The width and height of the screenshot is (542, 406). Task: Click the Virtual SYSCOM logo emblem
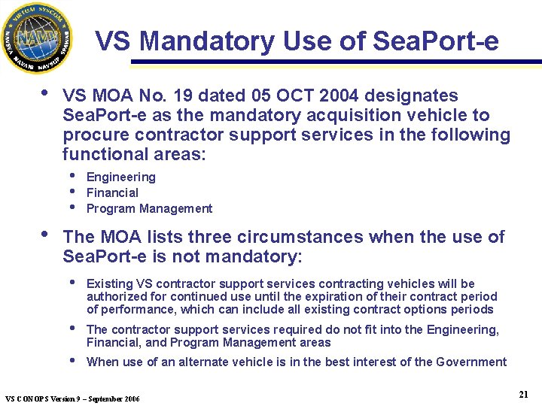click(x=37, y=38)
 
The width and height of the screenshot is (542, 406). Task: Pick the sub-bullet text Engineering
click(x=121, y=177)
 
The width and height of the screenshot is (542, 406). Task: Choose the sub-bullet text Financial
click(x=113, y=193)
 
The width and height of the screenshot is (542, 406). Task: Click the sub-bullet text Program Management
click(x=150, y=209)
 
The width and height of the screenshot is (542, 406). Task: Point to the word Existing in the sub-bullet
click(x=110, y=284)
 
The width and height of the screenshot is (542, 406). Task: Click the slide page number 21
click(x=523, y=394)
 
